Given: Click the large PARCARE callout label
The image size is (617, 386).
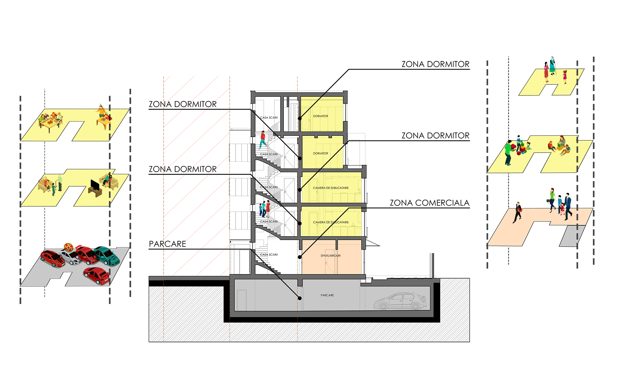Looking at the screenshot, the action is tap(167, 244).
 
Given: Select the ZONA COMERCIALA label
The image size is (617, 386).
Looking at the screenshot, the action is tap(430, 203).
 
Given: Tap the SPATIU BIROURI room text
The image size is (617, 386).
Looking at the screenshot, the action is tap(331, 256).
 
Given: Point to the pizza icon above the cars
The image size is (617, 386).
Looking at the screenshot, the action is tap(68, 247).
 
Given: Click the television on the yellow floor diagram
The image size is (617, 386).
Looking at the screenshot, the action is tap(95, 188).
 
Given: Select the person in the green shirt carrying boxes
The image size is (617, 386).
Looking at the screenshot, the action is tap(508, 153).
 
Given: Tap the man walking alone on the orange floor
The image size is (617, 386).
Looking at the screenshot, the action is tap(518, 212).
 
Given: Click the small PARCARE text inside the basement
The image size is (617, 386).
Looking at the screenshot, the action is tap(327, 295).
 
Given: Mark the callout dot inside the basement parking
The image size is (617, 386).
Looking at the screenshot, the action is tap(300, 298).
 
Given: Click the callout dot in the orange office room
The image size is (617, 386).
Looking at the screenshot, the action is tap(300, 257).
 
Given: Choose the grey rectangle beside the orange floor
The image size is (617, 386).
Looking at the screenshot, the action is tap(572, 236).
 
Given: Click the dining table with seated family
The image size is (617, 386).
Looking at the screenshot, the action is tap(50, 121).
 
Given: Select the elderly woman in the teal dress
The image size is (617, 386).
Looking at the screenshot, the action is tap(552, 66).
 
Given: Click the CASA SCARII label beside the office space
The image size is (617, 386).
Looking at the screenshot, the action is tap(269, 255).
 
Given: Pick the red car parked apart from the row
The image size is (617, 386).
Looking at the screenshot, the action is tap(96, 276).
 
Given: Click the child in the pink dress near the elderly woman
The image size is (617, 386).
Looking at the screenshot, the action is tap(565, 77).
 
